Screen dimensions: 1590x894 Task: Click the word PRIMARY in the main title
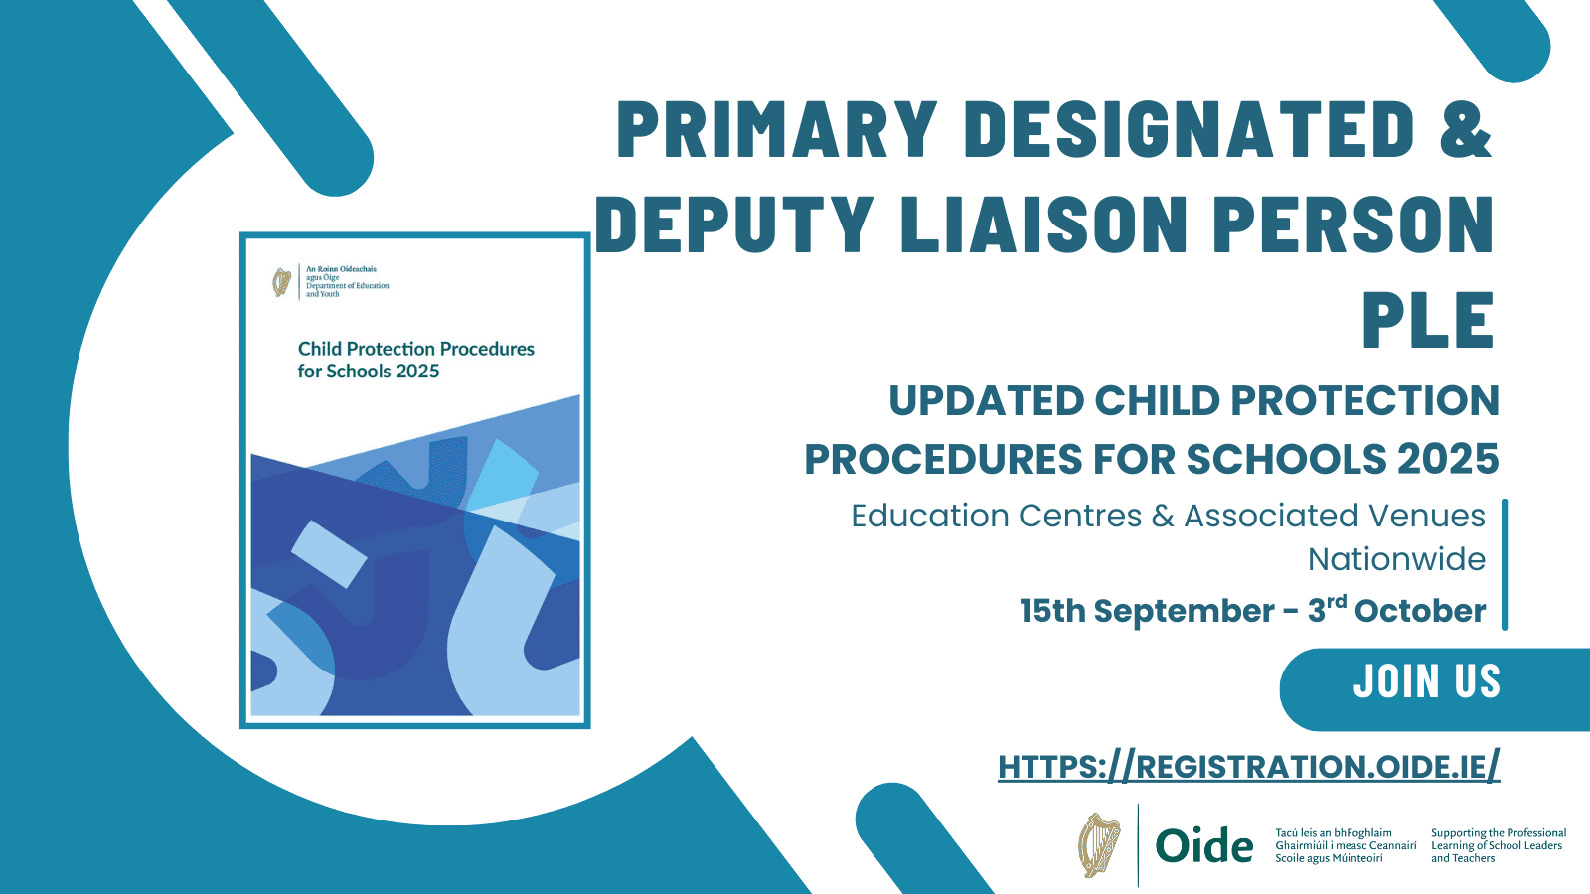(777, 129)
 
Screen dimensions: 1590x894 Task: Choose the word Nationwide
(1396, 560)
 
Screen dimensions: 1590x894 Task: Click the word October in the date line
(1420, 611)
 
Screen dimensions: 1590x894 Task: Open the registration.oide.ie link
(1248, 766)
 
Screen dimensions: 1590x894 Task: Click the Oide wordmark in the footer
(1203, 846)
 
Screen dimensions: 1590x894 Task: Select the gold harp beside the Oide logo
(1099, 845)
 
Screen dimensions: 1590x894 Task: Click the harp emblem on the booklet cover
(282, 282)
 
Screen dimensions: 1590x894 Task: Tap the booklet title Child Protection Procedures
(416, 349)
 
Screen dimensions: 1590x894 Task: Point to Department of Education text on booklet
(347, 286)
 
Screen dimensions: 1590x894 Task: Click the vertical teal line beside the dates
(1505, 564)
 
